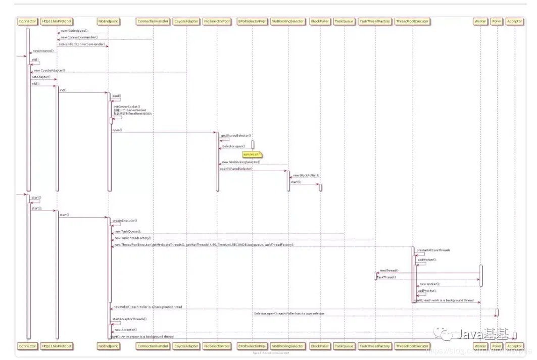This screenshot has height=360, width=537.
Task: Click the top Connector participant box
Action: pyautogui.click(x=27, y=21)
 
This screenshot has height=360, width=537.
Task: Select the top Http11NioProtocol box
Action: pyautogui.click(x=57, y=21)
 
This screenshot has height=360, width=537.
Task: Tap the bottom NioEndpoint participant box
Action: pyautogui.click(x=108, y=346)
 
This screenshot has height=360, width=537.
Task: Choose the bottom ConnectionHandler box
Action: pyautogui.click(x=153, y=346)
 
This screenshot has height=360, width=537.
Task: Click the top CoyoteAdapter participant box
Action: pyautogui.click(x=186, y=21)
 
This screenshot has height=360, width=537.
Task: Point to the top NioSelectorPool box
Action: pyautogui.click(x=217, y=21)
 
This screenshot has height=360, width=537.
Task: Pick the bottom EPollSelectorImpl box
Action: pyautogui.click(x=253, y=346)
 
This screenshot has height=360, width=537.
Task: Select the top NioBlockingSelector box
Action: pyautogui.click(x=288, y=21)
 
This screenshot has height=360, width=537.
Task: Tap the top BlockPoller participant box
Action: pyautogui.click(x=320, y=21)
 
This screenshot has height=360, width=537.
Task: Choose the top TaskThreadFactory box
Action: pyautogui.click(x=375, y=21)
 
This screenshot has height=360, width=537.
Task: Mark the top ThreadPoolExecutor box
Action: pyautogui.click(x=413, y=21)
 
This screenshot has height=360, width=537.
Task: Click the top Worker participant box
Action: pyautogui.click(x=480, y=21)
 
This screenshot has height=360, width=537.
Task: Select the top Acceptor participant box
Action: pyautogui.click(x=514, y=21)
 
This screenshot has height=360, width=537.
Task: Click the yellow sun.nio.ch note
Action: pyautogui.click(x=251, y=153)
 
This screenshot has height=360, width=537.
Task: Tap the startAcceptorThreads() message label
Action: pyautogui.click(x=129, y=319)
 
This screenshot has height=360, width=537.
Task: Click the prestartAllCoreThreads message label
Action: pyautogui.click(x=433, y=250)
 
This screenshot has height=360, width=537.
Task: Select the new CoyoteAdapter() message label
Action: pyautogui.click(x=50, y=70)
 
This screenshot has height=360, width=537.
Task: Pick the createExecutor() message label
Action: pyautogui.click(x=125, y=221)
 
